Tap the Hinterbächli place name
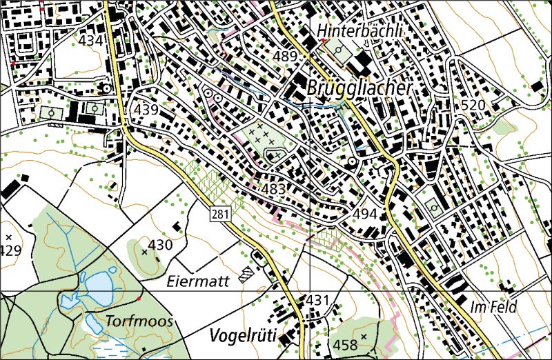[359, 32]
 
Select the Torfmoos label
[139, 321]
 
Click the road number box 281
[219, 214]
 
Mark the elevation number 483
[273, 189]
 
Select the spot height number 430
[160, 245]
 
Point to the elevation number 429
[10, 250]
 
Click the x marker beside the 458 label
[364, 336]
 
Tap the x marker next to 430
[144, 252]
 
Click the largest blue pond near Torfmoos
[97, 283]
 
